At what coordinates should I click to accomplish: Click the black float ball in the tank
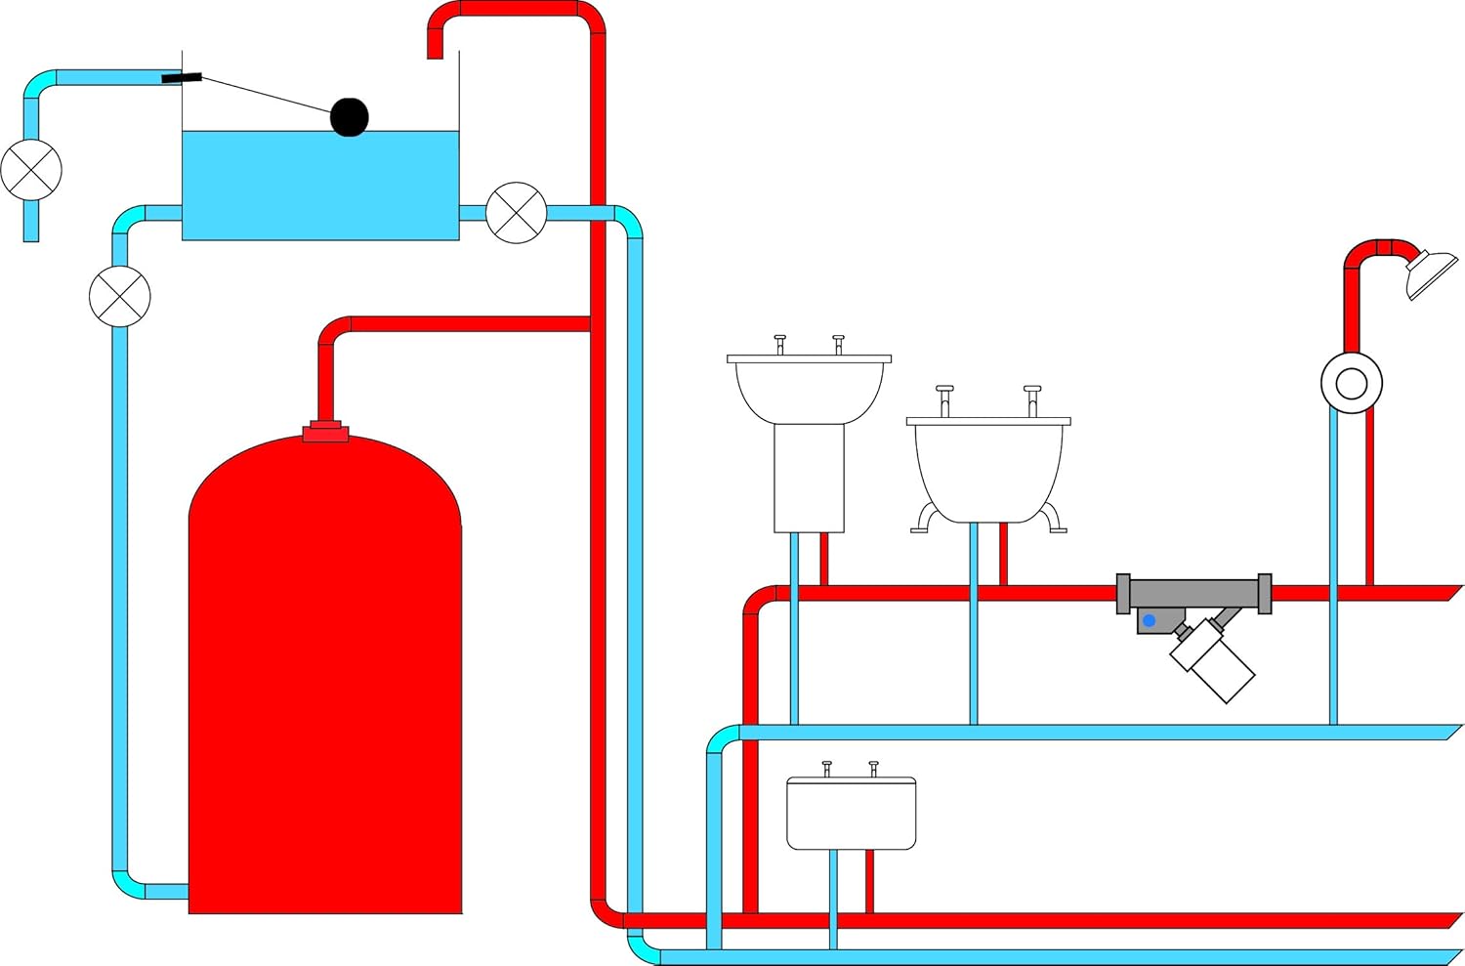coord(349,117)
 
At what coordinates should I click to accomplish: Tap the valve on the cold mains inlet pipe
coord(31,170)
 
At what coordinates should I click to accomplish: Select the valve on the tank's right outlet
coord(516,212)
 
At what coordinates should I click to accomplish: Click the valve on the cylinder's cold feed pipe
coord(120,296)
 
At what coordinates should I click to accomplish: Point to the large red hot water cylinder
coord(324,684)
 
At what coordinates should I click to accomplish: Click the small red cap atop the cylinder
coord(325,432)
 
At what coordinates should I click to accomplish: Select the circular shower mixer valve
coord(1351,383)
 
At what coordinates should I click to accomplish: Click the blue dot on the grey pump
coord(1150,620)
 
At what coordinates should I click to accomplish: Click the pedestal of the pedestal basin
coord(809,479)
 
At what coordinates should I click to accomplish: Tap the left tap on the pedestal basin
coord(779,343)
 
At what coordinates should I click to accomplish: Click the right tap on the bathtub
coord(1032,399)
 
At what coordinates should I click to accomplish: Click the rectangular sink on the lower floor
coord(851,814)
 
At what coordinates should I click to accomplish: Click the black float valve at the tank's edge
coord(182,77)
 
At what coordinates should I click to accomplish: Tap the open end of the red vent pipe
coord(435,54)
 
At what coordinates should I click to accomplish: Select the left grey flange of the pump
coord(1123,594)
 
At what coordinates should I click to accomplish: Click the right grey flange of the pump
coord(1265,594)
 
